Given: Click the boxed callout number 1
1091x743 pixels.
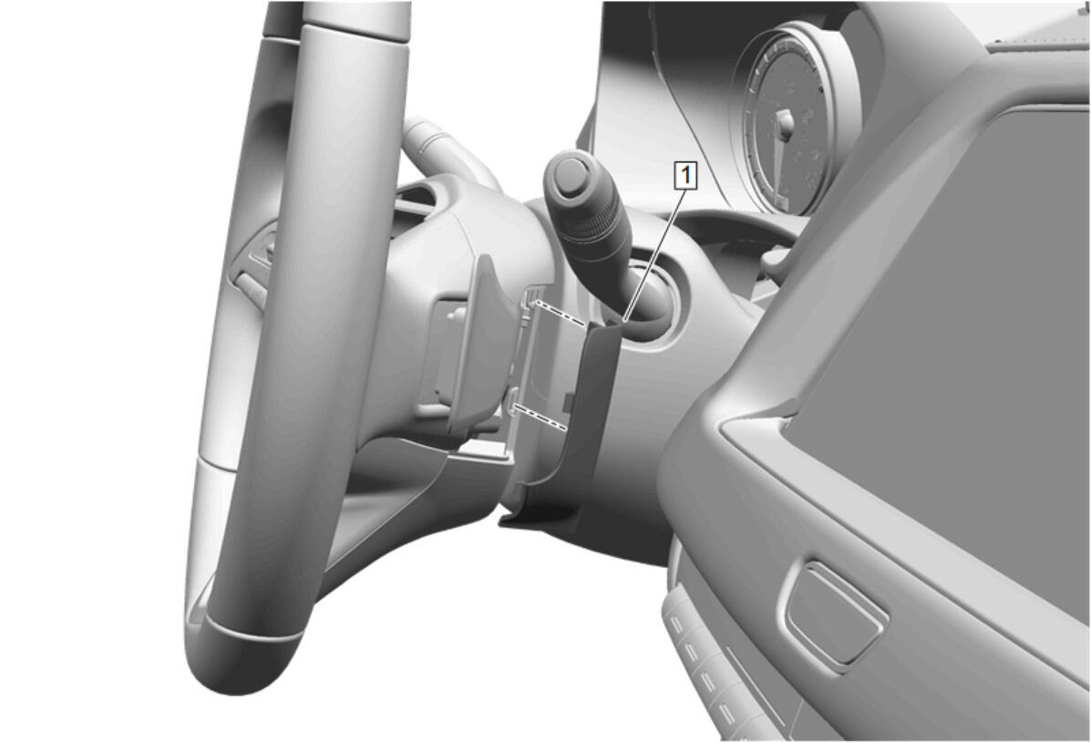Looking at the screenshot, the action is tap(685, 175).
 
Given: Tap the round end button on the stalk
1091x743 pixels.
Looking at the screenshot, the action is tap(570, 168).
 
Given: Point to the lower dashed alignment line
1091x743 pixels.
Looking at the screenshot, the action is tap(540, 417).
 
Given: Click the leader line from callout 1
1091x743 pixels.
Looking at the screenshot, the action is tap(654, 254).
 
